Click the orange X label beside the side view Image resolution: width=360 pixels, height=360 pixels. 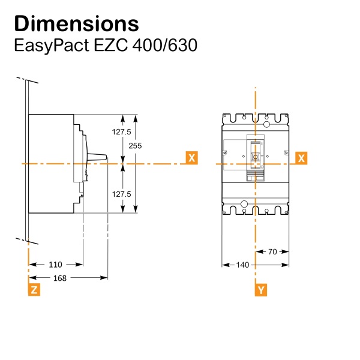pos(191,158)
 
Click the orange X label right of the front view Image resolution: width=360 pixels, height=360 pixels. pos(302,158)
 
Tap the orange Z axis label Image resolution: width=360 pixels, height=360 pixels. pos(35,290)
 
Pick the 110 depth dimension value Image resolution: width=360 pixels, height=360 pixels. pos(55,264)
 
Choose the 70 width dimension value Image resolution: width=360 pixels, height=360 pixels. pos(272,252)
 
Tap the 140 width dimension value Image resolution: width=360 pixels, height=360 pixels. pos(243,265)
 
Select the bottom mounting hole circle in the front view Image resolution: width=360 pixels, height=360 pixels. pos(244,205)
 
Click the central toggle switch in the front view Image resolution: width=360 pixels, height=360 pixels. pos(256,157)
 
